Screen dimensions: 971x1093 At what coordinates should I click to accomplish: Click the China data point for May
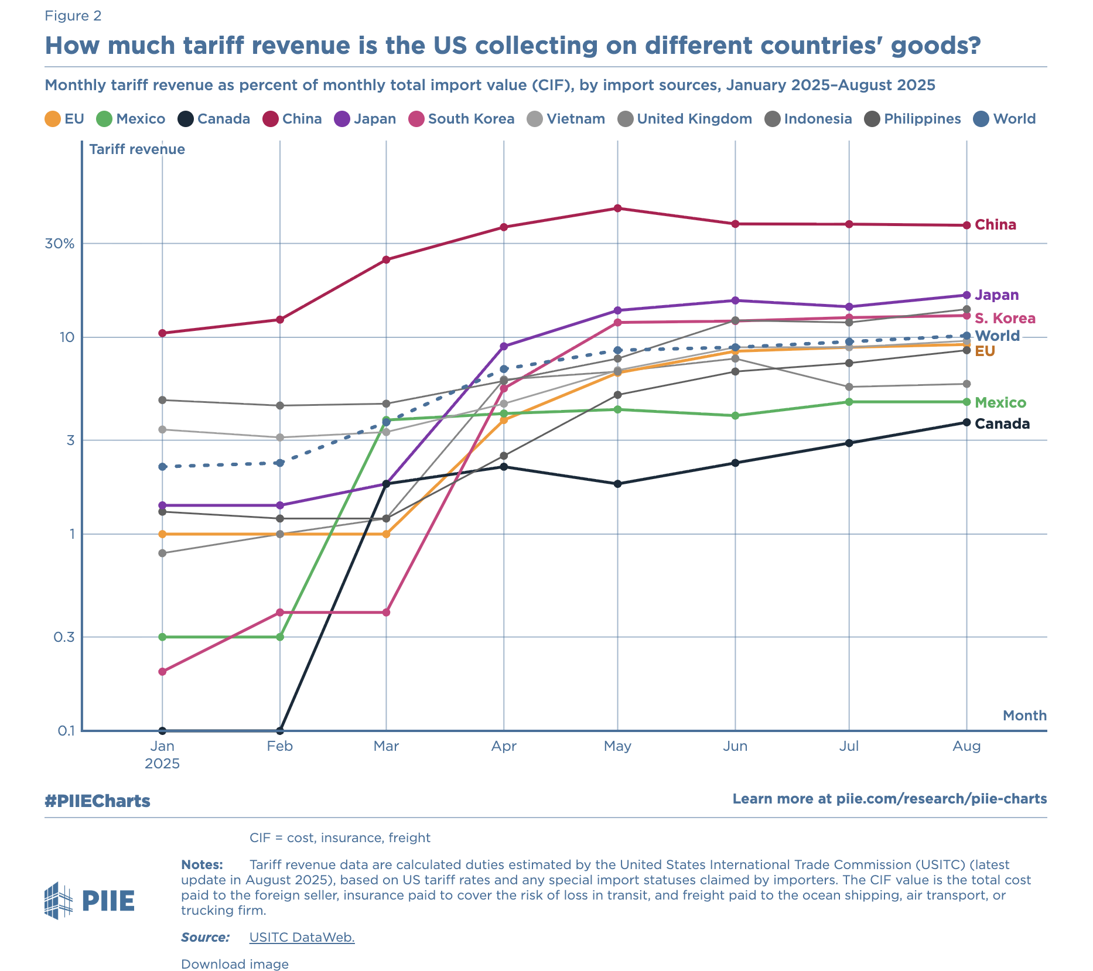click(x=617, y=208)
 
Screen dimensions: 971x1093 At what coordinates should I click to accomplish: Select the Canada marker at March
click(x=386, y=484)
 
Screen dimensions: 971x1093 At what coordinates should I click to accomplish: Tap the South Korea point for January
click(x=162, y=671)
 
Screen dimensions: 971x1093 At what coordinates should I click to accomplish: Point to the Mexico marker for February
click(x=280, y=637)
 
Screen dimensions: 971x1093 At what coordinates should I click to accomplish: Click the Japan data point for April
click(x=504, y=346)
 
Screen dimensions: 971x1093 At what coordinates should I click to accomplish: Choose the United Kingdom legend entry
click(x=685, y=119)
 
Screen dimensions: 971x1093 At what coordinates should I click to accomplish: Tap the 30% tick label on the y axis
click(x=60, y=244)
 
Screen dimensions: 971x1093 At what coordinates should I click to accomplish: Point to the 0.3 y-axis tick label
click(x=64, y=637)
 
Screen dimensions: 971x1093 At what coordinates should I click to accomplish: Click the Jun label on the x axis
click(x=735, y=746)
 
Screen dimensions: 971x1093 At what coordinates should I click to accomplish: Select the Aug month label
click(x=966, y=746)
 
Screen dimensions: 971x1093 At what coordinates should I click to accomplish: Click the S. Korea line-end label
click(x=1005, y=319)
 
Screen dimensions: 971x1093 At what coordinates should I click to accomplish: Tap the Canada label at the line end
click(x=1002, y=424)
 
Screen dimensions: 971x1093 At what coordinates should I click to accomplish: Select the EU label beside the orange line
click(x=985, y=351)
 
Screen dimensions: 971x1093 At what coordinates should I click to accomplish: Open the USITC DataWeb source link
click(x=302, y=937)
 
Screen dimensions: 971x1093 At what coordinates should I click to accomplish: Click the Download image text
click(x=234, y=964)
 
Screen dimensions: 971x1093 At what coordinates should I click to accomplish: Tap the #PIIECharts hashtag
click(x=97, y=801)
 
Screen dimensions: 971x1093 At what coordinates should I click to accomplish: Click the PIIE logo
click(x=90, y=901)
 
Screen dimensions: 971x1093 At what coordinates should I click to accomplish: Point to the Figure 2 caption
click(x=73, y=16)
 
